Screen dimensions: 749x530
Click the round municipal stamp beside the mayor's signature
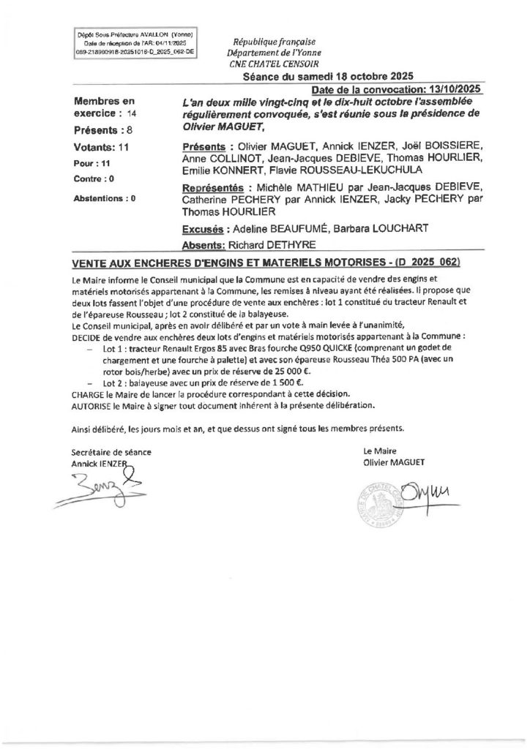(382, 505)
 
